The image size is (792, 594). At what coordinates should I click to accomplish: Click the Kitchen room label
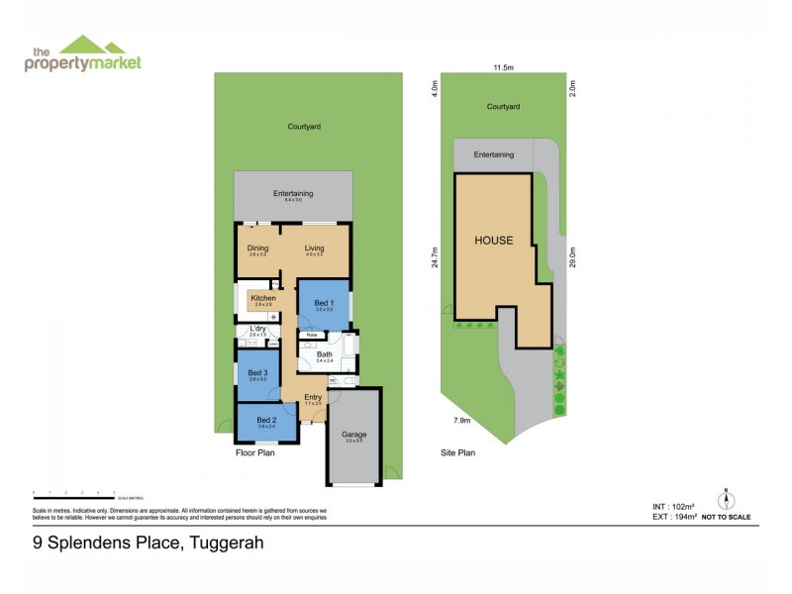(x=261, y=298)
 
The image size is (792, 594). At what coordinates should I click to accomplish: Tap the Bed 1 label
(x=322, y=303)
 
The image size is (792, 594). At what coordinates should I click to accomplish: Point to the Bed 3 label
(x=258, y=372)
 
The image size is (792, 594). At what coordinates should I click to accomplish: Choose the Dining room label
(x=257, y=248)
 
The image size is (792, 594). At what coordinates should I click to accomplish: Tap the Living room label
(x=315, y=248)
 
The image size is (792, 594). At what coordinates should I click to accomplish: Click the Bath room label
(x=325, y=353)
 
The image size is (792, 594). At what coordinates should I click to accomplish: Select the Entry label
(x=313, y=397)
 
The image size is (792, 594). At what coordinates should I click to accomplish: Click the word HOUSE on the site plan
(x=494, y=241)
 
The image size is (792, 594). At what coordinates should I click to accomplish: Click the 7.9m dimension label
(x=460, y=421)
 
